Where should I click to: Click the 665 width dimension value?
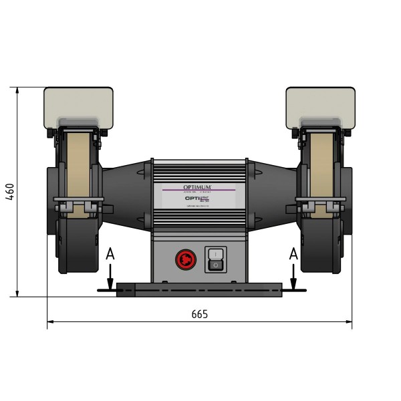pyautogui.click(x=199, y=313)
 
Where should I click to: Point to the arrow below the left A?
pyautogui.click(x=110, y=275)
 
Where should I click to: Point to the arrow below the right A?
pyautogui.click(x=292, y=275)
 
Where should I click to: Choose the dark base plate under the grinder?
pyautogui.click(x=198, y=289)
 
